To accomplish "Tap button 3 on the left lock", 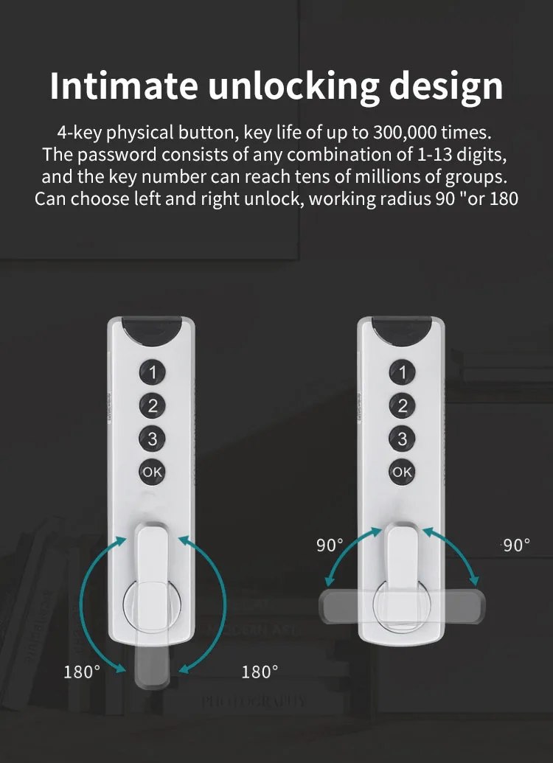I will (x=153, y=439).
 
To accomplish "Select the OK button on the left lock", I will (x=153, y=473).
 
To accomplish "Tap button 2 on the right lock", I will (x=402, y=405).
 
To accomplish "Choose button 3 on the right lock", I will (x=402, y=439).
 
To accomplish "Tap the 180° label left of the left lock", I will (x=81, y=672).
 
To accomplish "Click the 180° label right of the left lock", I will (x=260, y=672).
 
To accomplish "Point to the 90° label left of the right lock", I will (x=330, y=546).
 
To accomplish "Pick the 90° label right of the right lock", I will (x=516, y=546).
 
